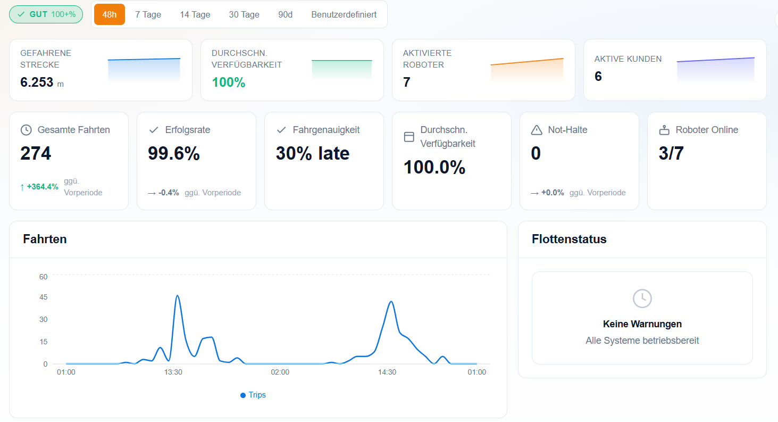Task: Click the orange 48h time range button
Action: [x=110, y=14]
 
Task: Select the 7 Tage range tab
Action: [x=148, y=14]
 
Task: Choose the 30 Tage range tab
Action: [x=244, y=14]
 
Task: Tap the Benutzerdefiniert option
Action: [x=344, y=14]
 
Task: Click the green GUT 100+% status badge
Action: [x=46, y=14]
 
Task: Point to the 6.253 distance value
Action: [x=37, y=82]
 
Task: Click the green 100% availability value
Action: [x=229, y=82]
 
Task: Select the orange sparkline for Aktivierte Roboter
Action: [x=527, y=70]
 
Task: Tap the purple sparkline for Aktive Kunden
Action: [x=716, y=70]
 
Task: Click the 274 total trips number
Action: [x=36, y=153]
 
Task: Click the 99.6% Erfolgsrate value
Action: [x=174, y=153]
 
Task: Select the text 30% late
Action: [x=313, y=153]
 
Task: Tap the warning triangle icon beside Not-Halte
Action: [x=537, y=130]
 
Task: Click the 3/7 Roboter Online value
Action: [x=671, y=153]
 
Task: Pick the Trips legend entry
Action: [x=253, y=395]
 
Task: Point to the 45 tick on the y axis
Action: [x=44, y=297]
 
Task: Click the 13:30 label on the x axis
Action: [x=173, y=373]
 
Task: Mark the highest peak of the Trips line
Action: [x=178, y=296]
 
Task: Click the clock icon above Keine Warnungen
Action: [x=642, y=299]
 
